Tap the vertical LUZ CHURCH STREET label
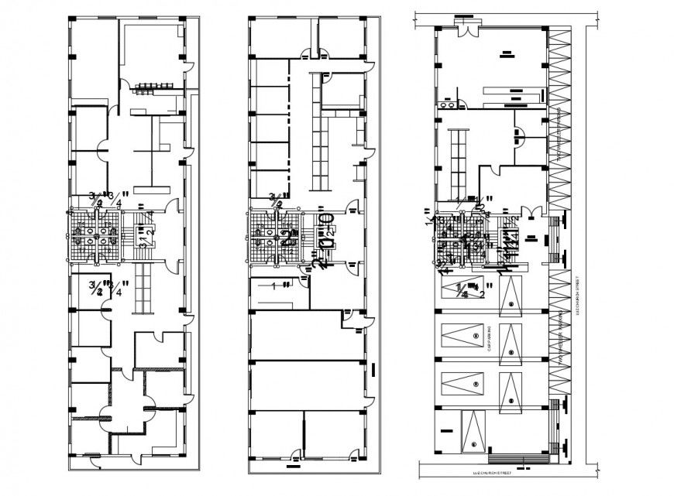click(578, 302)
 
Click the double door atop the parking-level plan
click(467, 28)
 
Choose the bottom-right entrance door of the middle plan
click(355, 456)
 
